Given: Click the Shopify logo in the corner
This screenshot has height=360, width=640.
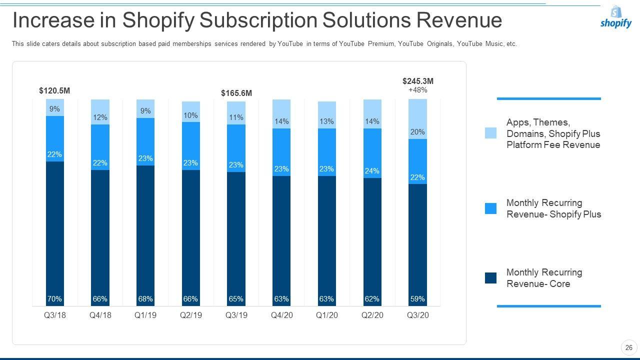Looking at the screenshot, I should [x=616, y=17].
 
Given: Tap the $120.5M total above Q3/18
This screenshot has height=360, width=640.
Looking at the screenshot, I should [x=54, y=91].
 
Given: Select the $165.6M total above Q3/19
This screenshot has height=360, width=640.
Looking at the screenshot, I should [x=236, y=93].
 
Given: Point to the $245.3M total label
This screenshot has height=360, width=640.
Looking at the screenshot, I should [x=418, y=81].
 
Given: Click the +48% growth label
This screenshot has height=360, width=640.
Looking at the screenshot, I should [x=418, y=90].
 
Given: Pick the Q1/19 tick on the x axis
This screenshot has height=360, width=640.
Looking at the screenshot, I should [x=145, y=315].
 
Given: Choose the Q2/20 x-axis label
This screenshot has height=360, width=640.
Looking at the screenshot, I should [x=372, y=315].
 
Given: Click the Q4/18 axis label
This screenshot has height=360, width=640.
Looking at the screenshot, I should [x=100, y=315].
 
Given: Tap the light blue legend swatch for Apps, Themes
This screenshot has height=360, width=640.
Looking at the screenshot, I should [x=490, y=133].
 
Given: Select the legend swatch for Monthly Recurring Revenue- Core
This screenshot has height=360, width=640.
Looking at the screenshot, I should [x=490, y=278].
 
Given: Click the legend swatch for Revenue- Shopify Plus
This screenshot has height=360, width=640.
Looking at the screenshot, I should [x=490, y=208].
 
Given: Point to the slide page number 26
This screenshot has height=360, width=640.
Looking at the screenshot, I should [x=629, y=347].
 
